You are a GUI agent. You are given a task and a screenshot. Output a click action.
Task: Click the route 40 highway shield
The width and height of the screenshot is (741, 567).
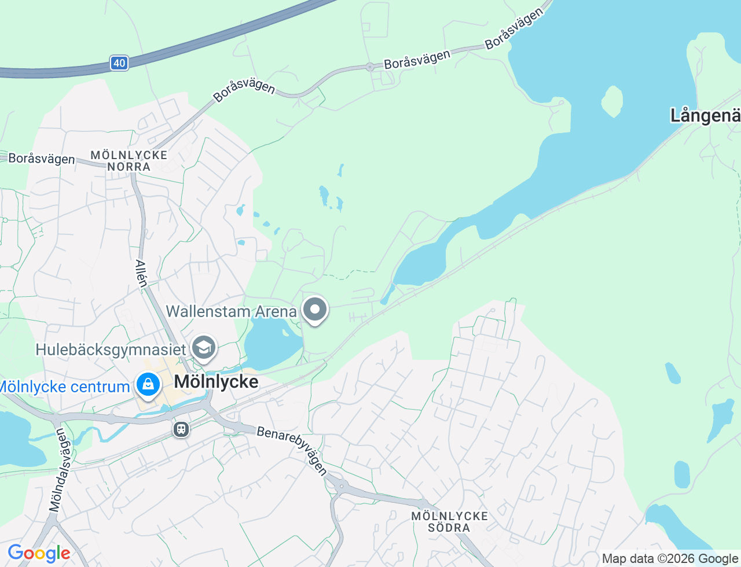[119, 63]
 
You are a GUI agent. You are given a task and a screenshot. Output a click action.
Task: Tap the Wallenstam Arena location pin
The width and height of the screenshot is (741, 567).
[315, 310]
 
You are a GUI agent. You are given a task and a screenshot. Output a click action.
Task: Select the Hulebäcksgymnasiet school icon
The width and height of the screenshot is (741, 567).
[204, 348]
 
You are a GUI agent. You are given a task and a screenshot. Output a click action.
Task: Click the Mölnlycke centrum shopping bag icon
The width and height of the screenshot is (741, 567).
[148, 384]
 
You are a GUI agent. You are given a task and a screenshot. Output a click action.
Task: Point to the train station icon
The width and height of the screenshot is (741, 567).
[181, 429]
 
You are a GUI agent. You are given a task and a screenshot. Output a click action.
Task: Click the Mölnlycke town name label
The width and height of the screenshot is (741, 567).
[217, 382]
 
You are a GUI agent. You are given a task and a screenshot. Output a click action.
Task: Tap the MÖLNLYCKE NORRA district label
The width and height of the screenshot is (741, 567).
[129, 161]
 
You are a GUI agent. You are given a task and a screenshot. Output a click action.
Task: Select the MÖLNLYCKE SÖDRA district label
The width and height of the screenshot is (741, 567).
[450, 522]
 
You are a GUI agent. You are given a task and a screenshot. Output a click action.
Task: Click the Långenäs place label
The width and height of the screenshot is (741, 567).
[705, 116]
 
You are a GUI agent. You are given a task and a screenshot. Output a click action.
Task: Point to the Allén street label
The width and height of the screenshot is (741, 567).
[141, 273]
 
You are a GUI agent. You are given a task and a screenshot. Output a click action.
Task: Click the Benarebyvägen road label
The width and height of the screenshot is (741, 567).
[292, 450]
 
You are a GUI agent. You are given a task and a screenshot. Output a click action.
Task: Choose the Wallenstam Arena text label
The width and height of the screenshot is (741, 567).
[231, 311]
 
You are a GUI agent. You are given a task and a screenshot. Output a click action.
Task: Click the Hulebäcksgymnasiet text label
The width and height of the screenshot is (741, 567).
[111, 349]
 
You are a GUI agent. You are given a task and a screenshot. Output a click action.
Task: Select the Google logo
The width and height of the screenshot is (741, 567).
[39, 554]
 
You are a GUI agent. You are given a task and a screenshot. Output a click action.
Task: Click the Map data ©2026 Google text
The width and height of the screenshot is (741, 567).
[670, 559]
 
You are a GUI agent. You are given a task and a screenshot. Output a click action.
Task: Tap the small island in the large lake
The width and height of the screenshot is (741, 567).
[612, 101]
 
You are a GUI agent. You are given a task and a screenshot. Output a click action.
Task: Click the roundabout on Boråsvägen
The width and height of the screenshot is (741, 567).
[369, 67]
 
